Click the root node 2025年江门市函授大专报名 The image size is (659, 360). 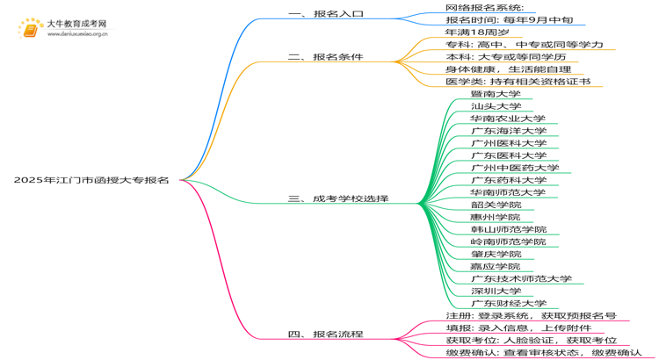click(91, 180)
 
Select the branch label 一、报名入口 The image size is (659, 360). click(325, 15)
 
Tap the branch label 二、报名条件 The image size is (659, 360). click(325, 57)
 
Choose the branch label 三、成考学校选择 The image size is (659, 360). click(338, 199)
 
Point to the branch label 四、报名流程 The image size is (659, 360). click(325, 334)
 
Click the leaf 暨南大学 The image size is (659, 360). click(496, 94)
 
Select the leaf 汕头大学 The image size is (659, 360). click(496, 106)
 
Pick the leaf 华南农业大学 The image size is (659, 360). click(508, 119)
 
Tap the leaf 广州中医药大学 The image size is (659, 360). click(514, 168)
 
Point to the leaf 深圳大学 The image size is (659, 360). click(496, 291)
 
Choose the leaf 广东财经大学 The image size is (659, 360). click(508, 303)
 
